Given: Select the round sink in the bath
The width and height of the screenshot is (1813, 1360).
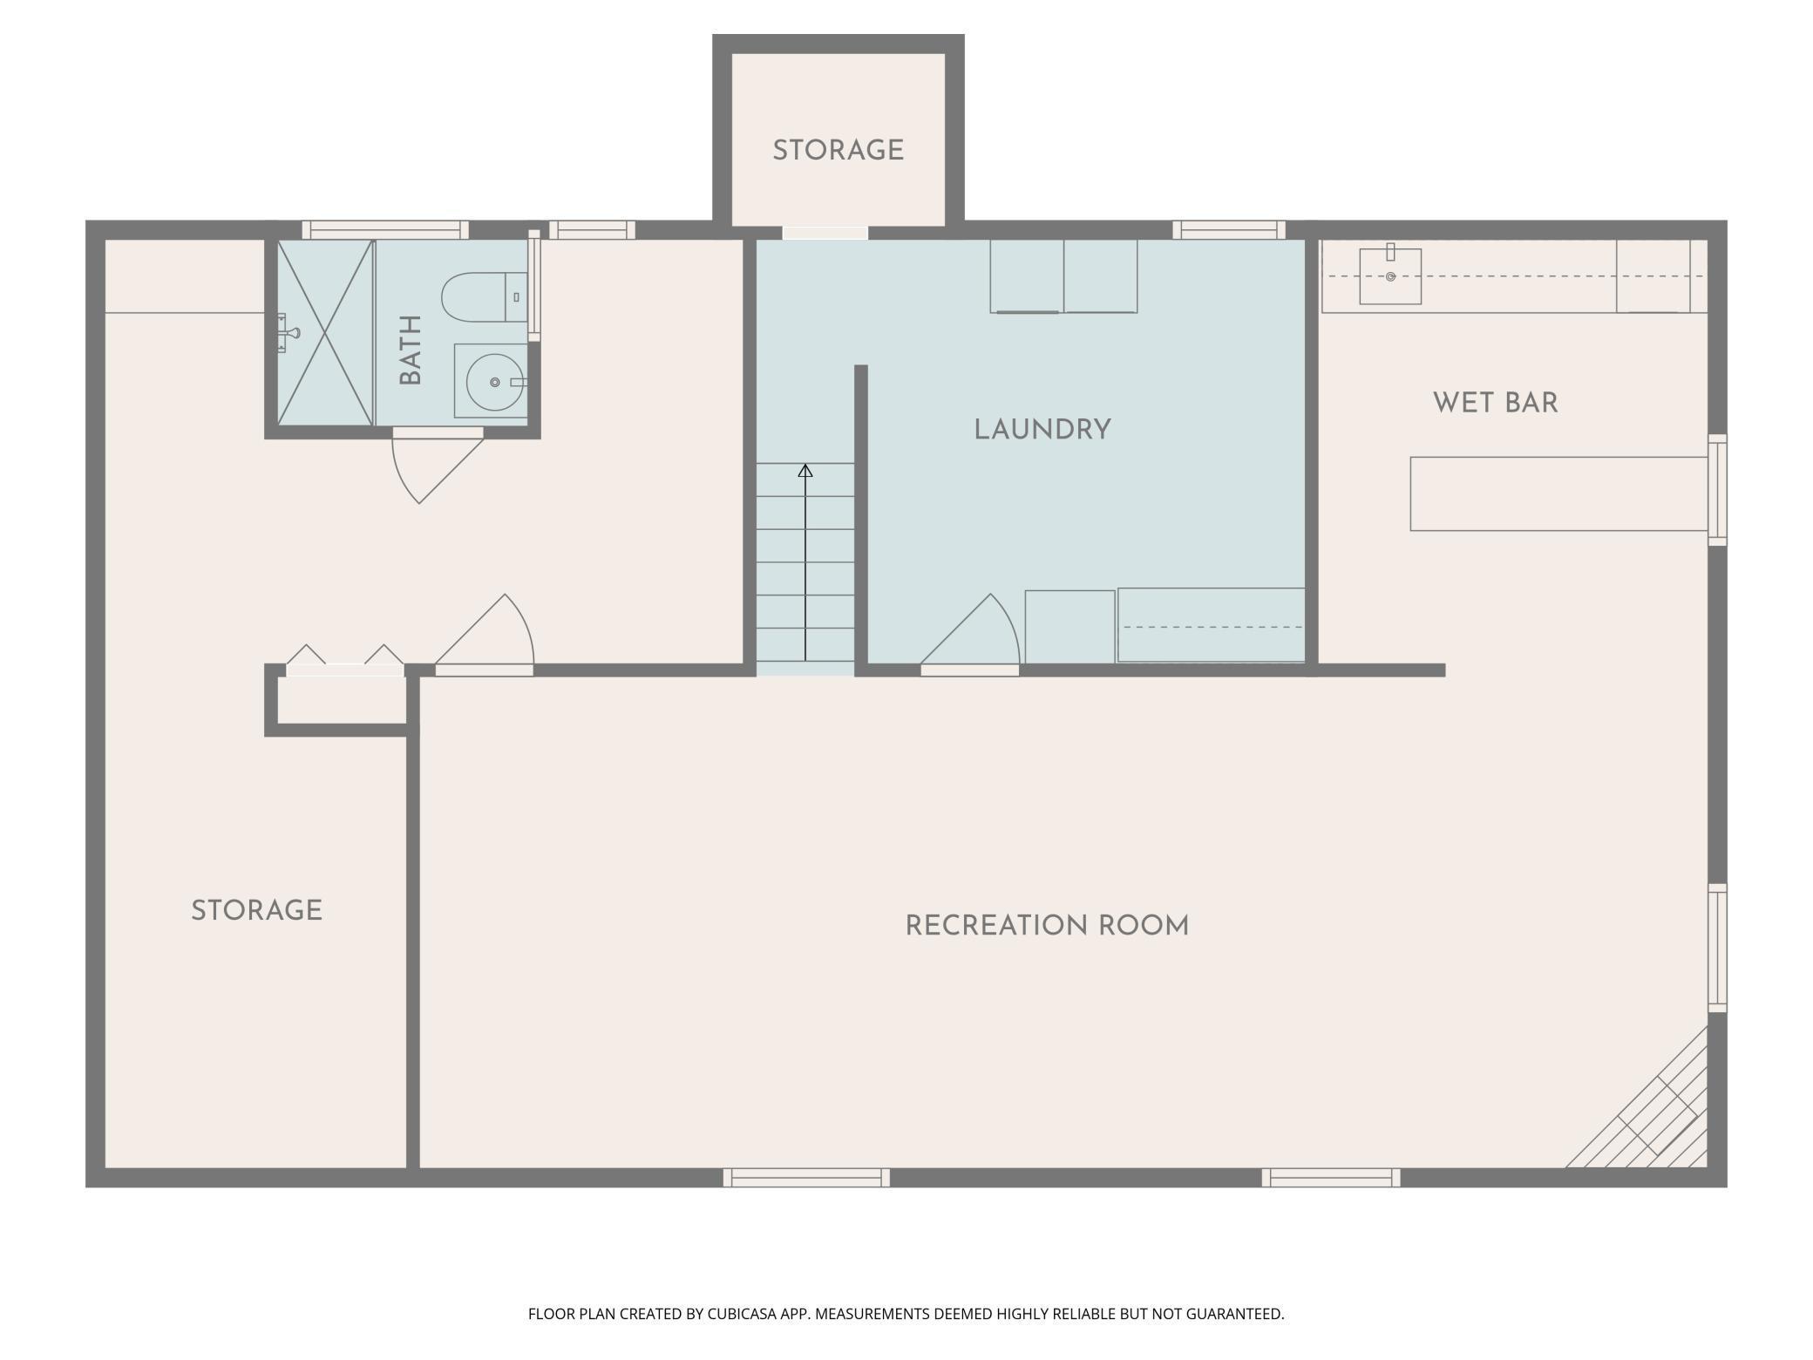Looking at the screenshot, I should pos(494,382).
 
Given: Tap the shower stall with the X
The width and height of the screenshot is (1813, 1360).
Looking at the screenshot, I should pos(325,333).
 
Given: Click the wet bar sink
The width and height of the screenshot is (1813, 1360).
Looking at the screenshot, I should pos(1390,277).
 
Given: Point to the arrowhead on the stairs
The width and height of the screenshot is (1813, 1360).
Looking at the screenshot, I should pos(805,472).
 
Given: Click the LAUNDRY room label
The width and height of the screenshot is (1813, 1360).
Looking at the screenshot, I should pos(1042,430).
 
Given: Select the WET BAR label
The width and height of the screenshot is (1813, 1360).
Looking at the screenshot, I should pos(1495,403).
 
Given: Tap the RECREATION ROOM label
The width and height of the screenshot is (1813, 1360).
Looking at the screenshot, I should pos(1047,926).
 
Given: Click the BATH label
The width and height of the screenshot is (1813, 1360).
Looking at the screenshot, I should pos(411,350).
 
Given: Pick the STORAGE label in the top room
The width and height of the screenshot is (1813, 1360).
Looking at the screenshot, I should pos(838,151).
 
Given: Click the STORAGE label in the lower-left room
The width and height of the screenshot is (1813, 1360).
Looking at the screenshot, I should pos(257,911).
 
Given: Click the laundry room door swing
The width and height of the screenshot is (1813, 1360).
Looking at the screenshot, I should pos(976,632).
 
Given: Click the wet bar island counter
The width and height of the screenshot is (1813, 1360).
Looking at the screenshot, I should pos(1558,493).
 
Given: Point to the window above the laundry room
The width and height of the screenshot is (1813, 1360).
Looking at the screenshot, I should pos(1228,230).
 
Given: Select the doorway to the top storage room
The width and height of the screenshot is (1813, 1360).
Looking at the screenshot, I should pos(825,233).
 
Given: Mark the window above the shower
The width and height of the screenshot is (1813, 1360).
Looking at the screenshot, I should pos(385,230).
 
